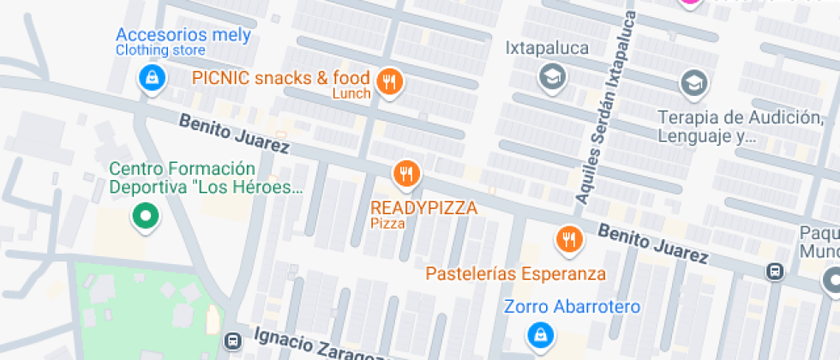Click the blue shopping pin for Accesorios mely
point(151,78)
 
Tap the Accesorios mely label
point(183,35)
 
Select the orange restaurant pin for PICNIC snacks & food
point(390,82)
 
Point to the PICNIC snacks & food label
point(280,77)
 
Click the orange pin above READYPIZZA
point(406,174)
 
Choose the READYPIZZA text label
point(423,207)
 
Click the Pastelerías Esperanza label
point(516,274)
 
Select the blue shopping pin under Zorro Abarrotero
point(539,335)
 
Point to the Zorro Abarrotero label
point(572,307)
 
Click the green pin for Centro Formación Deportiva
point(145,216)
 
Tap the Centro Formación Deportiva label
point(207,177)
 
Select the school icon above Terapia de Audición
point(693,84)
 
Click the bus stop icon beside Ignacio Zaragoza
point(231,340)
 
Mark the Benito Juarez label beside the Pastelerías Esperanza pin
point(653,243)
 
